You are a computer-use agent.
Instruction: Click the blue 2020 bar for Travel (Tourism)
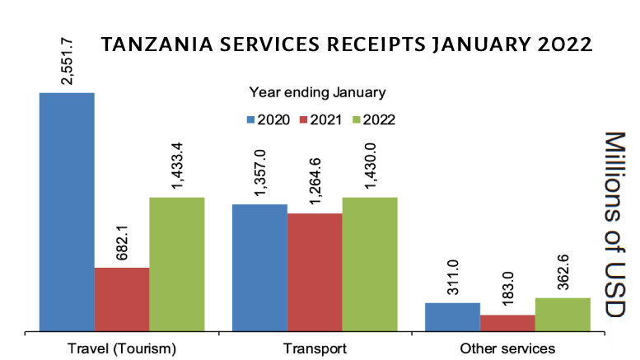pyautogui.click(x=67, y=213)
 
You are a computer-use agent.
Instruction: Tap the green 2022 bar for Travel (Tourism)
pyautogui.click(x=176, y=264)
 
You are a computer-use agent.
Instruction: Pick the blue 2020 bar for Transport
pyautogui.click(x=259, y=268)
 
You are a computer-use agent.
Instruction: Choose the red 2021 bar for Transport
pyautogui.click(x=315, y=273)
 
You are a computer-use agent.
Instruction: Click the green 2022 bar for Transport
pyautogui.click(x=370, y=264)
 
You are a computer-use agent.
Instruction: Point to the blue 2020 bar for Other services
pyautogui.click(x=452, y=317)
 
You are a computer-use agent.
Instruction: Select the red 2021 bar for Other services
pyautogui.click(x=507, y=323)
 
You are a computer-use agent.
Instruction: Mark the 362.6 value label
pyautogui.click(x=563, y=270)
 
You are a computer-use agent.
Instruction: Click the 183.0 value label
pyautogui.click(x=507, y=289)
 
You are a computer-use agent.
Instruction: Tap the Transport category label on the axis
pyautogui.click(x=315, y=348)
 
